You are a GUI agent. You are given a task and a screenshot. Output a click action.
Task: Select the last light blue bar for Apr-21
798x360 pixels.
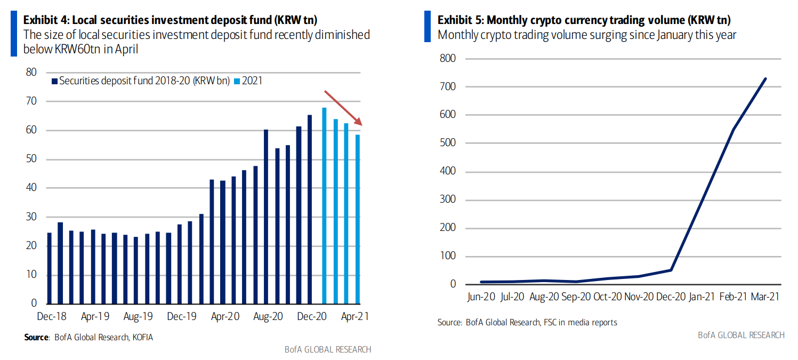357,219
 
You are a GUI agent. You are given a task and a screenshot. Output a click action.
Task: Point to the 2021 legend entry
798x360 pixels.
252,81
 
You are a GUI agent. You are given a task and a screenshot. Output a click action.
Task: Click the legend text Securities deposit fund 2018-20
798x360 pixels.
144,81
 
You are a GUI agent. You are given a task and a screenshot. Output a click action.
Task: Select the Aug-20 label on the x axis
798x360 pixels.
269,316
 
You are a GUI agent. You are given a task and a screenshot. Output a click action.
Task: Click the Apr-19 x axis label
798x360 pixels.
95,316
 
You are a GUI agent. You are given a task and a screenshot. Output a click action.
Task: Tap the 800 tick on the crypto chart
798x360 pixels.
448,58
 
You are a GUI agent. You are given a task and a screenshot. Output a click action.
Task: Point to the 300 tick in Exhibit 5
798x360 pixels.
448,200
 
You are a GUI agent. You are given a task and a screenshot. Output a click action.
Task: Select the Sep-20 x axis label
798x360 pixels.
576,297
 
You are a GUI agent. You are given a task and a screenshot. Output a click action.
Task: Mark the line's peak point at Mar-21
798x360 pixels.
765,79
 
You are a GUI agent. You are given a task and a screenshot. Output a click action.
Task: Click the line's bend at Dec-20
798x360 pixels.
671,270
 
